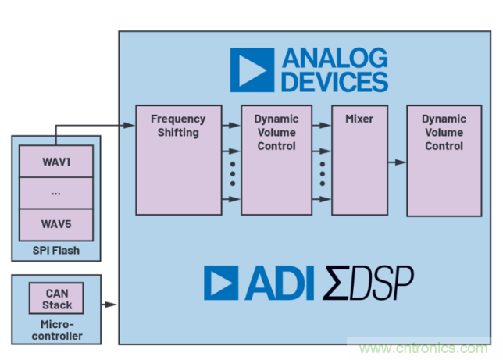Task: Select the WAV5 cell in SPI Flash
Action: (x=56, y=224)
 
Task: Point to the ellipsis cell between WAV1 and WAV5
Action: (x=56, y=192)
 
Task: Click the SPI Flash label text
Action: (x=55, y=250)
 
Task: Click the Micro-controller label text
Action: (x=56, y=330)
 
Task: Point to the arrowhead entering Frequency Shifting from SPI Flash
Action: (x=130, y=123)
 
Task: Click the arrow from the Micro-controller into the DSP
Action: (x=109, y=305)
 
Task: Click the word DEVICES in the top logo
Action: (x=336, y=81)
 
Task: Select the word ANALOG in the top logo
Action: (x=336, y=59)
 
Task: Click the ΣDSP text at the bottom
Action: (x=369, y=283)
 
